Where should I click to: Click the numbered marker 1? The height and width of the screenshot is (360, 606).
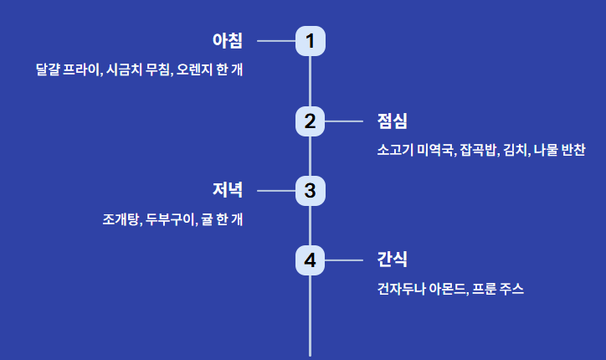(310, 40)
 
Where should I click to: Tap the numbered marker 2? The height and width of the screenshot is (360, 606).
(310, 121)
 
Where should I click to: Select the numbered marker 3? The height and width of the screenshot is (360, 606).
(310, 191)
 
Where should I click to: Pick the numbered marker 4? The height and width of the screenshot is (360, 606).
(310, 260)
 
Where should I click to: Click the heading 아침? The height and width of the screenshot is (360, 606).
(227, 40)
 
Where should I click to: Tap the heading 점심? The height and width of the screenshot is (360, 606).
(392, 121)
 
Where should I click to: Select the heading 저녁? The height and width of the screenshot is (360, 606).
(227, 191)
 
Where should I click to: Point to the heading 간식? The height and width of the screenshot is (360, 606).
(392, 260)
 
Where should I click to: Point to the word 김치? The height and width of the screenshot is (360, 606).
(516, 151)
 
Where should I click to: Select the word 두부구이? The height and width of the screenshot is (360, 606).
(170, 220)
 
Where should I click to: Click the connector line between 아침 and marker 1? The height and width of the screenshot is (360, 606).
(275, 40)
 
